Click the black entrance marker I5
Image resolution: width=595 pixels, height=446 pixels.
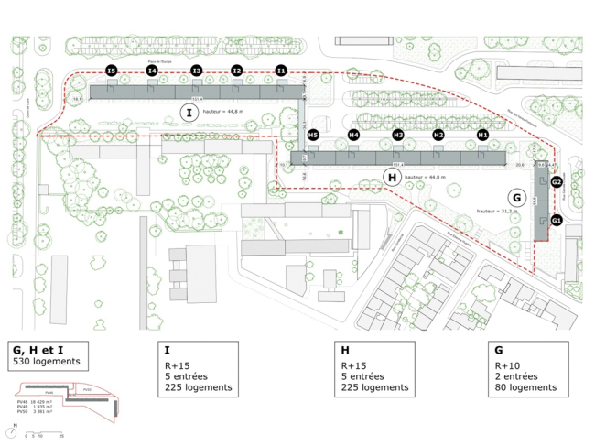click(x=111, y=71)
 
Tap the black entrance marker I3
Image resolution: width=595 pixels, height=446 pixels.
click(x=196, y=71)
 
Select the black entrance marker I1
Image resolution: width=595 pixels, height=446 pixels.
click(x=281, y=71)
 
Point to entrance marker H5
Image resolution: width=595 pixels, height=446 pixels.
click(x=312, y=136)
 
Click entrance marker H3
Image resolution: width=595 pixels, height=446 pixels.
click(x=397, y=136)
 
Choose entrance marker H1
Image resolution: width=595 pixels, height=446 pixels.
click(x=482, y=136)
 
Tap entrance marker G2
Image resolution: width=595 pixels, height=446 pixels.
click(x=556, y=182)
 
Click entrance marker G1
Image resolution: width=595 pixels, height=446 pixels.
click(x=556, y=220)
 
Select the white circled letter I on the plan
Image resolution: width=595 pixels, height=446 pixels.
click(x=188, y=113)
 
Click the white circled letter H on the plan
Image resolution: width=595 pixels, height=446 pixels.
click(x=392, y=178)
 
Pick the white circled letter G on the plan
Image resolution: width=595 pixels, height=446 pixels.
click(x=515, y=197)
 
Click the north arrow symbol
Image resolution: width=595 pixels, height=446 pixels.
click(x=16, y=427)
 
